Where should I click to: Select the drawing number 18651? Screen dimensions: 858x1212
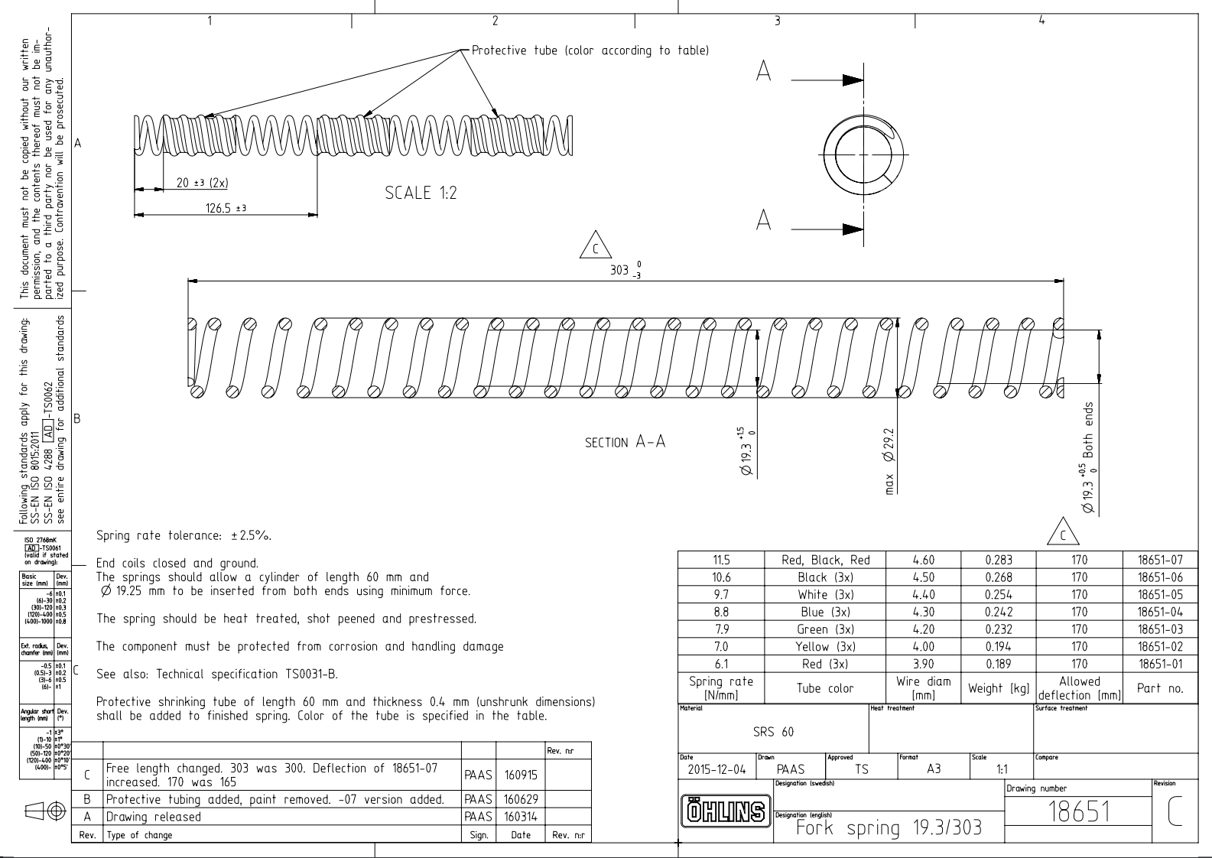pos(1078,812)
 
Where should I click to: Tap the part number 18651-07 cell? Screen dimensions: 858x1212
pos(1160,561)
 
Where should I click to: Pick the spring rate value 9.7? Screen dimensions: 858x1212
pos(720,595)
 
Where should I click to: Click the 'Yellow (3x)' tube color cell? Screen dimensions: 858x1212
pos(825,647)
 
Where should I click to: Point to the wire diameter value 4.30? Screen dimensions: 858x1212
pos(923,613)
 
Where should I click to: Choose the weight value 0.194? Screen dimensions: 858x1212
pos(998,647)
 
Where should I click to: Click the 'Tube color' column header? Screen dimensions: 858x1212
pos(825,688)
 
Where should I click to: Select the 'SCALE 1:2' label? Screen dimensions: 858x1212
pos(421,193)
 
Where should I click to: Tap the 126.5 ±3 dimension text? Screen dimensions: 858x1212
pos(226,208)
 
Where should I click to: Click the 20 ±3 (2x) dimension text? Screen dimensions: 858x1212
pos(202,184)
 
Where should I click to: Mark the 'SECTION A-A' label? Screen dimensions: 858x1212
pos(625,443)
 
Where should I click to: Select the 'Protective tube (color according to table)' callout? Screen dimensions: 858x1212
pos(590,50)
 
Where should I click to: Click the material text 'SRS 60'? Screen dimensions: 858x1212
pos(773,732)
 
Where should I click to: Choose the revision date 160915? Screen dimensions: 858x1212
pos(520,775)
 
